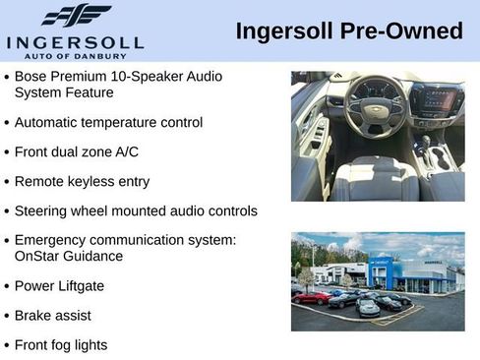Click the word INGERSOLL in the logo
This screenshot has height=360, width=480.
[x=75, y=42]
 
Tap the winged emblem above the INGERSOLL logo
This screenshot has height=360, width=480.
[x=76, y=16]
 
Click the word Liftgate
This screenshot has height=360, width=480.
[x=79, y=286]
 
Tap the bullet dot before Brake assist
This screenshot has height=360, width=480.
[x=7, y=317]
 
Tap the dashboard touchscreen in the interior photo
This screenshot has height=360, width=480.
[x=436, y=99]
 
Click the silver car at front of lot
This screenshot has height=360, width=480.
[x=368, y=308]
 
